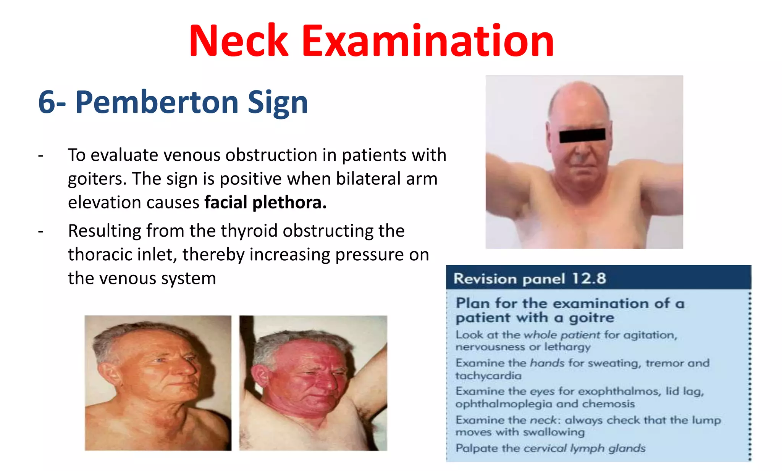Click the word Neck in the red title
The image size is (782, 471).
point(239,41)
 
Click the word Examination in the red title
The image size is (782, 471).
point(428,41)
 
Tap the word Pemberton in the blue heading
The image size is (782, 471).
point(157,102)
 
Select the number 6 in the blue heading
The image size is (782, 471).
point(47,102)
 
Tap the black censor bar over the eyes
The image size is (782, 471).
point(582,135)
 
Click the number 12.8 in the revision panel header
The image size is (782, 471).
point(589,279)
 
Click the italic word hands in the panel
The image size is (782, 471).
point(547,363)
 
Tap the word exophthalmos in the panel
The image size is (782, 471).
point(609,391)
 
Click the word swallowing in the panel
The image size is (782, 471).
point(554,432)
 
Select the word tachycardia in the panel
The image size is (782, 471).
point(488,376)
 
